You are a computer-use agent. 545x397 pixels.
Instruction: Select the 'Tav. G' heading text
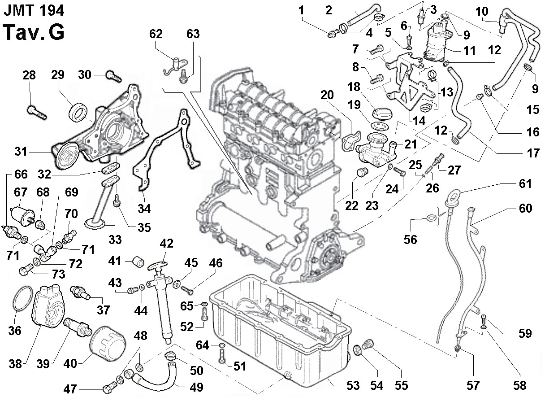coord(34,32)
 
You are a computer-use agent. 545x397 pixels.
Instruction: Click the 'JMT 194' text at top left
coord(34,9)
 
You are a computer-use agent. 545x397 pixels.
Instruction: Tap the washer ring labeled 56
coord(431,218)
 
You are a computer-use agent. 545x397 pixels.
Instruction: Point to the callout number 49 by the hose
coord(196,387)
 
